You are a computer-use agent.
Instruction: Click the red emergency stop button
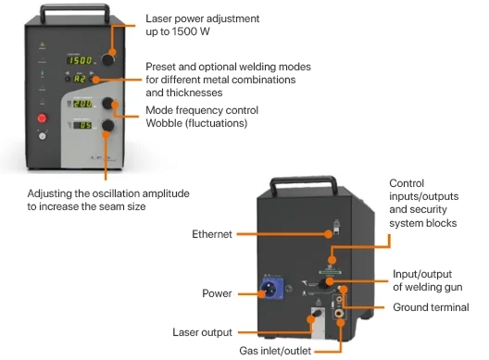click(x=42, y=118)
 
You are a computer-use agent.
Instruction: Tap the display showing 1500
click(x=81, y=60)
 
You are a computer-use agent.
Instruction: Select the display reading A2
click(x=80, y=79)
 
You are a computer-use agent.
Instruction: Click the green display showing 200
click(x=82, y=104)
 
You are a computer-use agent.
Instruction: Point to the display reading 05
click(x=82, y=125)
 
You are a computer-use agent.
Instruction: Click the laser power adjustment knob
click(x=108, y=59)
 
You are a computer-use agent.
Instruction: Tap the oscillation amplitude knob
click(x=108, y=125)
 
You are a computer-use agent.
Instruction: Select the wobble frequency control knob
click(x=108, y=103)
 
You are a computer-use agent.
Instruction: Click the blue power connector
click(x=272, y=288)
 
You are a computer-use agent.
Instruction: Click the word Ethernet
click(x=212, y=234)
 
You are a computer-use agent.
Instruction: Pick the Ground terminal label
click(x=431, y=307)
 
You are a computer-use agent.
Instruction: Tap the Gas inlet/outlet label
click(x=275, y=351)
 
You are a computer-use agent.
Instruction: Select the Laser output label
click(x=202, y=332)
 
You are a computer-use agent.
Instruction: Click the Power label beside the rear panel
click(x=217, y=293)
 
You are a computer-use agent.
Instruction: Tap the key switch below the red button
click(x=43, y=136)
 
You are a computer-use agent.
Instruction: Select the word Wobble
click(x=164, y=123)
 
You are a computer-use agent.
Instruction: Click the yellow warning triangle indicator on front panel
click(x=43, y=44)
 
